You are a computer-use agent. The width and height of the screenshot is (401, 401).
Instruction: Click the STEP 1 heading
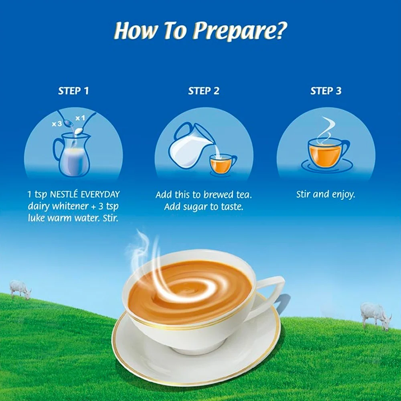click(73, 91)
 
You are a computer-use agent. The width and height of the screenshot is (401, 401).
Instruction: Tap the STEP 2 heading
click(204, 91)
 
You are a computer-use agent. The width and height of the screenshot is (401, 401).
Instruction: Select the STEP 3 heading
click(326, 91)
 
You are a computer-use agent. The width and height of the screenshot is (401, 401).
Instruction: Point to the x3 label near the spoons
click(57, 124)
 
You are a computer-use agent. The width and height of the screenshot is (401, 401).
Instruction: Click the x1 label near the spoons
click(80, 118)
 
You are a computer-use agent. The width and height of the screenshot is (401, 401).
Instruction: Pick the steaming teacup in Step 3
click(326, 154)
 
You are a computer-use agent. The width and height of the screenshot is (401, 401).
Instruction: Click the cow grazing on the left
click(20, 290)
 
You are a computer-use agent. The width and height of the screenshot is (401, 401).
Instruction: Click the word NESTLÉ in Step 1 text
click(64, 194)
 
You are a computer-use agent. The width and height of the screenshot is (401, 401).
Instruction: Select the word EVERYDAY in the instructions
click(100, 194)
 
